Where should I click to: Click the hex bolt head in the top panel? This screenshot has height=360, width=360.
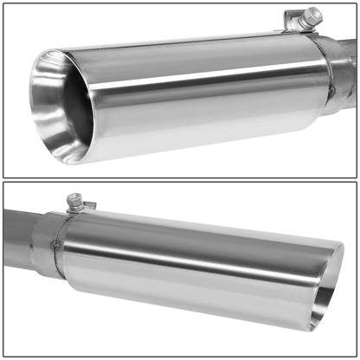coord(312,15)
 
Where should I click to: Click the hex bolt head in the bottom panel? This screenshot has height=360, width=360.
coord(74,200)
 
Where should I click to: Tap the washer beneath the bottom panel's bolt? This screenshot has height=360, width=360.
coord(76,209)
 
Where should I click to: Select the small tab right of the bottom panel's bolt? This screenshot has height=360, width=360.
coord(90,206)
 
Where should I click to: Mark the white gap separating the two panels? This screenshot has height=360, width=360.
coord(180,179)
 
